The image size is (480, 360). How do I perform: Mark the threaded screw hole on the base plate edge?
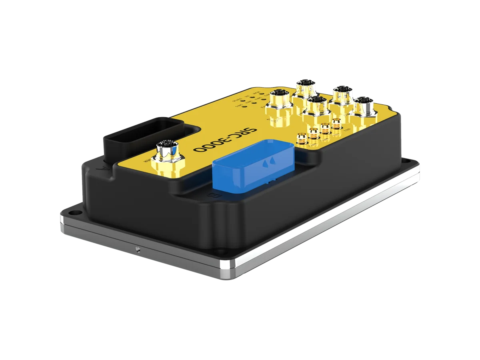(137, 250)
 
